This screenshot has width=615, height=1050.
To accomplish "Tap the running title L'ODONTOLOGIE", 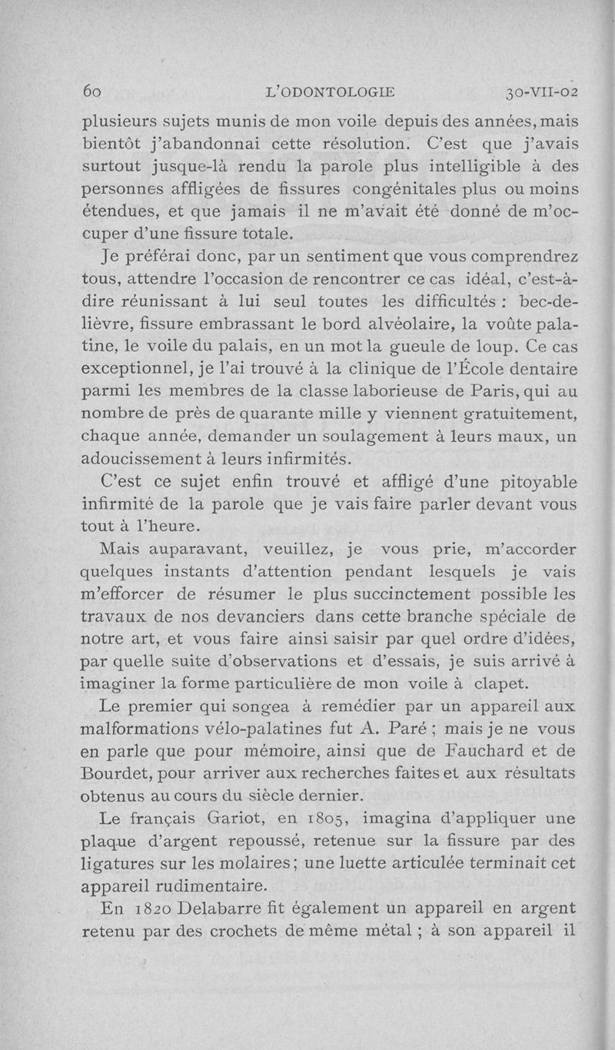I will coord(328,93).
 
